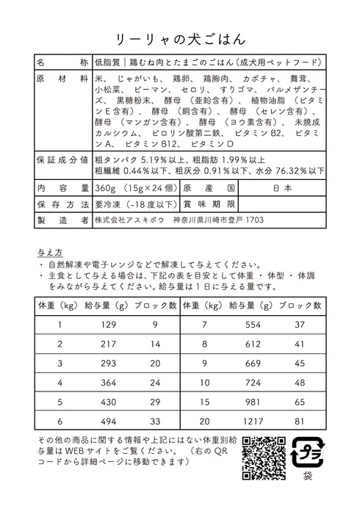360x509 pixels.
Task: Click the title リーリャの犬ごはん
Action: coord(180,35)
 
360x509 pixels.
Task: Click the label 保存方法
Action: coord(61,203)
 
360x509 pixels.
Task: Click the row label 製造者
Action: coord(61,220)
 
